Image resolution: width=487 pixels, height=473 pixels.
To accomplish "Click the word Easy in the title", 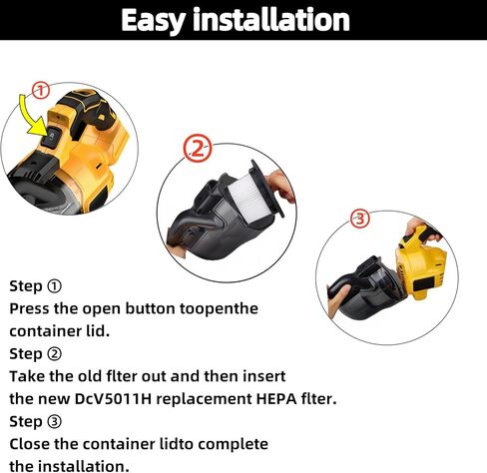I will coord(161,20).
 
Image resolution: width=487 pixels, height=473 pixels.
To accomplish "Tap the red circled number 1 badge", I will coord(41,92).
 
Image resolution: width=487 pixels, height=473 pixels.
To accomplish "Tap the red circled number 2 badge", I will coord(199,151).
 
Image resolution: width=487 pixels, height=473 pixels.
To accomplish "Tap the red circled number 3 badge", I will coord(360,219).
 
